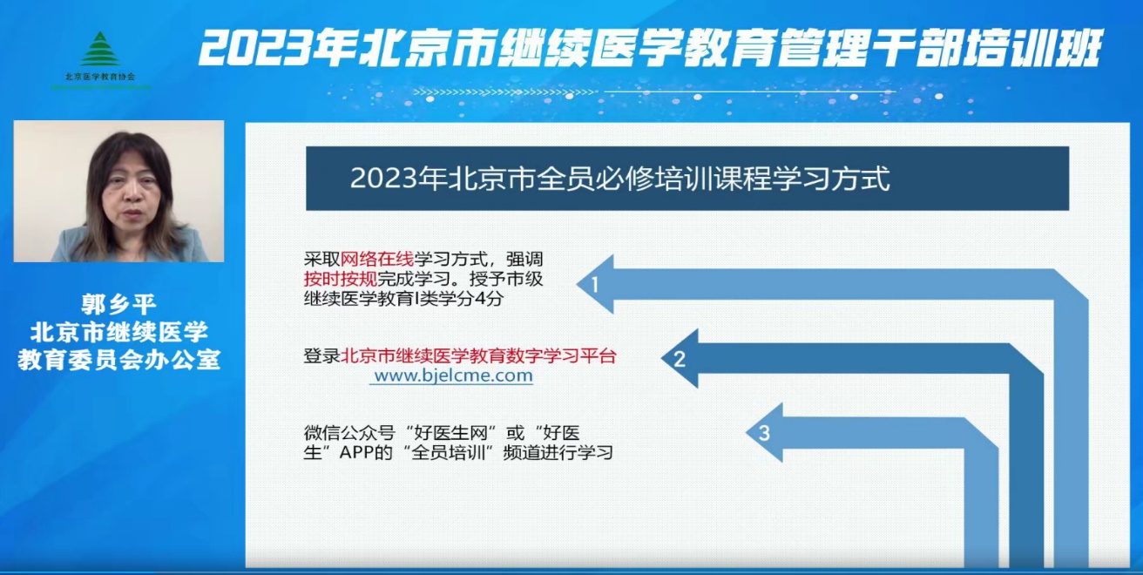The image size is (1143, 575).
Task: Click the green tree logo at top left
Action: (x=100, y=49)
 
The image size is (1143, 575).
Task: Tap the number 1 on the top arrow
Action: (x=594, y=284)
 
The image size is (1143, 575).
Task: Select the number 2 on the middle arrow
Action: (x=680, y=359)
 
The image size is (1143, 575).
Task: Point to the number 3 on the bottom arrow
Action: (x=764, y=433)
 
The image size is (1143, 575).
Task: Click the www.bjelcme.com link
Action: (x=453, y=375)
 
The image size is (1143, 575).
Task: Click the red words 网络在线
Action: (x=377, y=259)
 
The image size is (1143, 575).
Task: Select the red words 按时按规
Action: (x=341, y=279)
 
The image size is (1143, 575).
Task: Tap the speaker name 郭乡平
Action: (x=118, y=305)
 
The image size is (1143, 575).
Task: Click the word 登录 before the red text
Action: (x=322, y=355)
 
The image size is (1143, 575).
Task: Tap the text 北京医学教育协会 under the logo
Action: (x=100, y=77)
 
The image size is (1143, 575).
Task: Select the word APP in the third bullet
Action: (x=356, y=452)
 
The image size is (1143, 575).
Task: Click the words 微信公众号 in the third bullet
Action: (x=349, y=433)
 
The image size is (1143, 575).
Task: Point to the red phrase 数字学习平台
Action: (x=561, y=355)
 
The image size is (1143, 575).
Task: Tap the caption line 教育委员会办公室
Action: (x=118, y=360)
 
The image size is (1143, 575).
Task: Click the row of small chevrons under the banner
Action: (x=504, y=92)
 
